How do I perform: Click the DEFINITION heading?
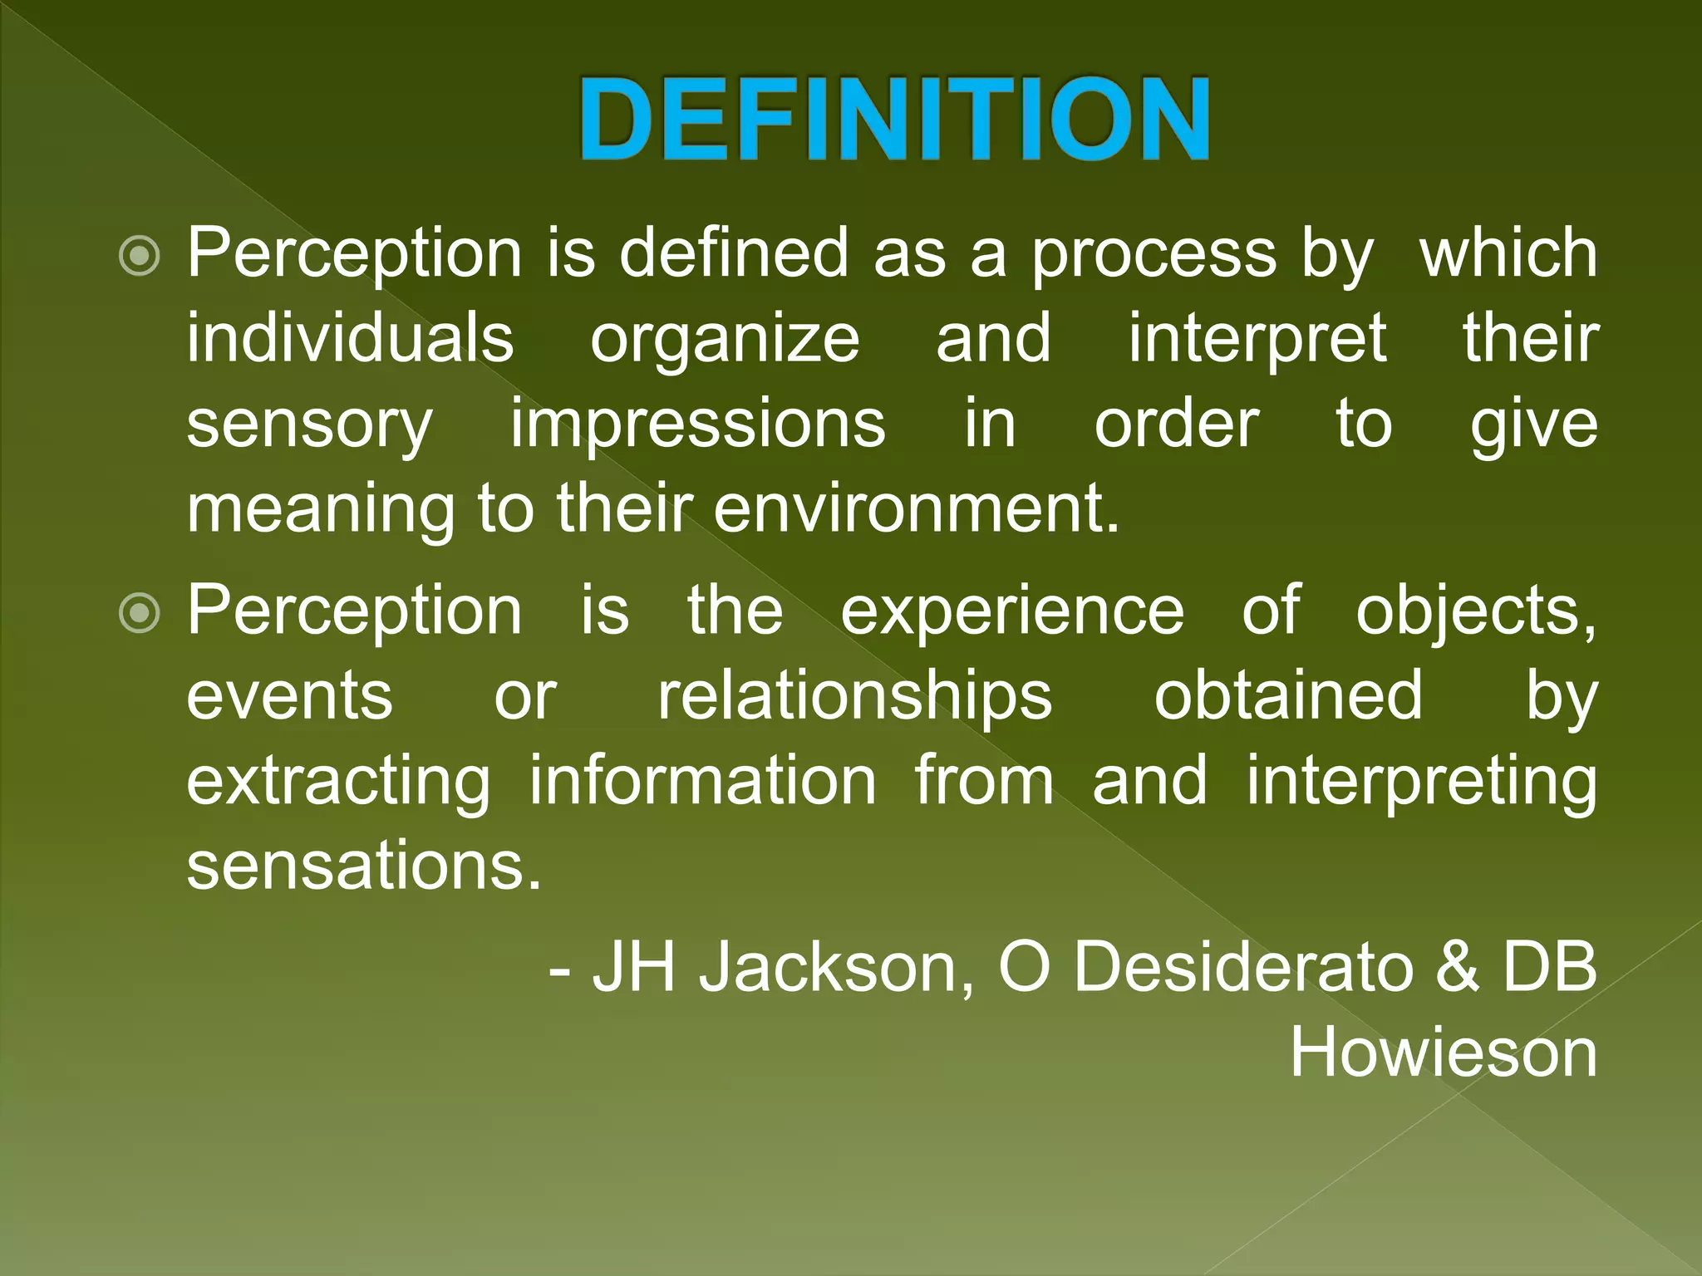pyautogui.click(x=894, y=119)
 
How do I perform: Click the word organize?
pyautogui.click(x=725, y=339)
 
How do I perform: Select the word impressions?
pyautogui.click(x=698, y=425)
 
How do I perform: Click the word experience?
pyautogui.click(x=1012, y=611)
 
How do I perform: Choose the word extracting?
pyautogui.click(x=338, y=782)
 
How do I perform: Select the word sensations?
pyautogui.click(x=363, y=866)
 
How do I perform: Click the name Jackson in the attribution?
pyautogui.click(x=835, y=969)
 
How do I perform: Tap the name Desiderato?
pyautogui.click(x=1242, y=969)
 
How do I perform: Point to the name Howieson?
pyautogui.click(x=1444, y=1053)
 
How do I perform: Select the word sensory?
pyautogui.click(x=309, y=425)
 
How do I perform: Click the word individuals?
pyautogui.click(x=350, y=339)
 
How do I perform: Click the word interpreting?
pyautogui.click(x=1421, y=782)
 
